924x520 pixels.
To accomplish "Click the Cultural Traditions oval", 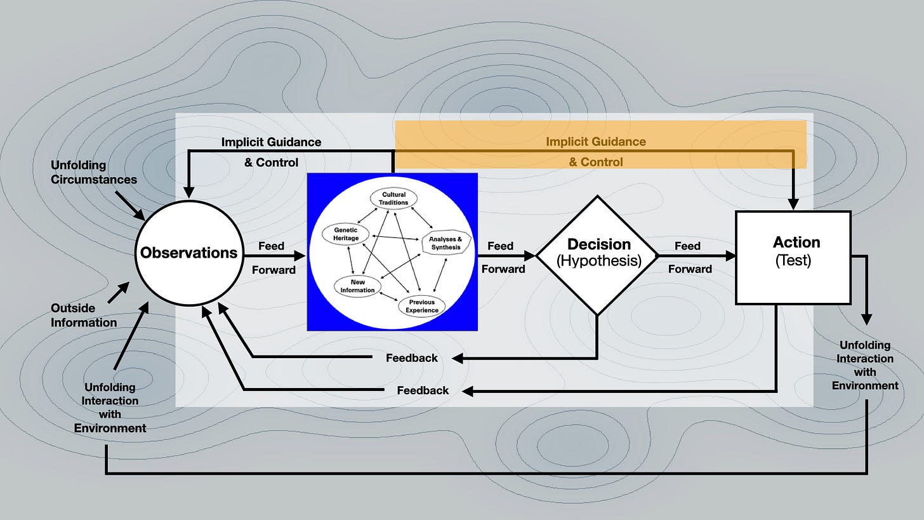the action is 393,199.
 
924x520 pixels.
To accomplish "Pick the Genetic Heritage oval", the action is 346,234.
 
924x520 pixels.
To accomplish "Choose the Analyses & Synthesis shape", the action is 446,243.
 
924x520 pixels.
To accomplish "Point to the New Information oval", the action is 357,286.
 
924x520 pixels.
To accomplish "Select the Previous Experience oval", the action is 421,306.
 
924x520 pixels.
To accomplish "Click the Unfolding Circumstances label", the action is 94,172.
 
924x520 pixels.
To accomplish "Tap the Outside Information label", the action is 84,316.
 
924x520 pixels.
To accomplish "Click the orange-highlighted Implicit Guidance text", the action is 596,142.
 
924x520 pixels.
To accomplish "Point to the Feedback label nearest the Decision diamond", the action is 412,358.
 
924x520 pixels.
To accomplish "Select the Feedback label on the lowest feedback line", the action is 423,390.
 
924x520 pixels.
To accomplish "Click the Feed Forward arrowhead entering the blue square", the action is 300,256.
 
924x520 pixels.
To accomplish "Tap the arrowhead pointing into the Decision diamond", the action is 530,256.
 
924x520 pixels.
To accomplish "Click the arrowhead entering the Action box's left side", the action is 730,256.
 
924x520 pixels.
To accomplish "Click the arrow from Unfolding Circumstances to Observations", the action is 130,206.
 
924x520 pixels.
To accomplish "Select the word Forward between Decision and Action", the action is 690,269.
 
